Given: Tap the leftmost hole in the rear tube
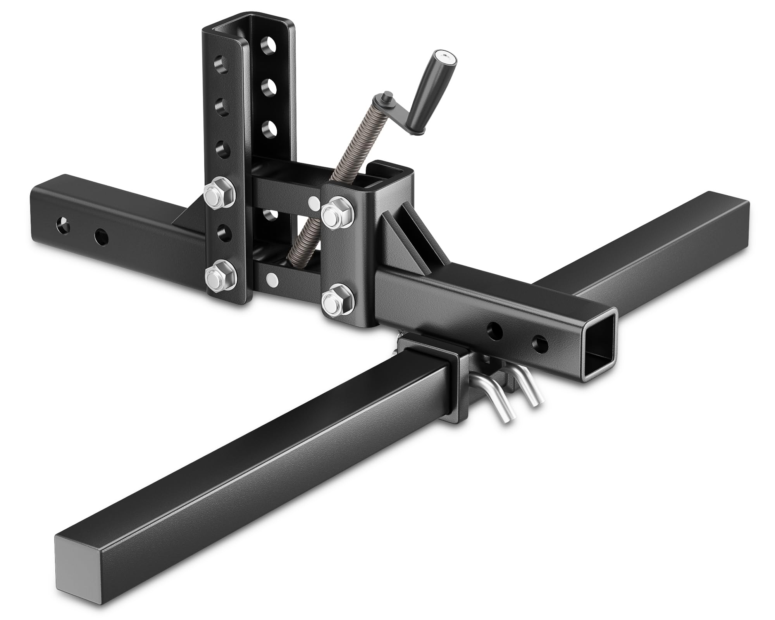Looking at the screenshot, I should point(61,224).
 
